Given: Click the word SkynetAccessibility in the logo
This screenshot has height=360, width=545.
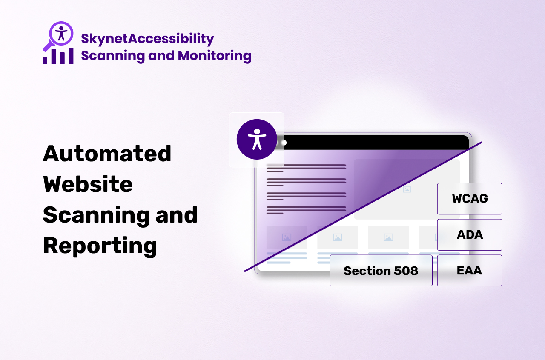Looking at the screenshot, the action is [x=147, y=39].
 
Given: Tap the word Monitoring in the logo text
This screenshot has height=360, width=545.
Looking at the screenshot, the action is [x=215, y=56].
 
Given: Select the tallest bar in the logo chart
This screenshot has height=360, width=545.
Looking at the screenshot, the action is [x=71, y=56].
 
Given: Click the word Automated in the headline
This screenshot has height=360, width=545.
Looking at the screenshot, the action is [x=107, y=154].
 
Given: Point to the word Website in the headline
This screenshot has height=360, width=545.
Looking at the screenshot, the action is [x=88, y=184].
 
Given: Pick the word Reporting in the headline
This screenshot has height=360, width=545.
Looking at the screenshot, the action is [x=100, y=246].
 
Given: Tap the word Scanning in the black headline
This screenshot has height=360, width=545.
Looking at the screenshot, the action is [x=96, y=215].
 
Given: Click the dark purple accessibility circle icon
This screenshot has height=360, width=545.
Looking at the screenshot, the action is [x=257, y=140].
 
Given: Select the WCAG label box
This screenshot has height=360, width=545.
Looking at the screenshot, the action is [x=470, y=198].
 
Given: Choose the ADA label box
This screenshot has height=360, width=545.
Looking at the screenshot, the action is [x=470, y=235].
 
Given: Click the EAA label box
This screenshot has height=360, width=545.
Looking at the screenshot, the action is [x=470, y=271].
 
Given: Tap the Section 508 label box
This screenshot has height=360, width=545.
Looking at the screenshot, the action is [x=381, y=271].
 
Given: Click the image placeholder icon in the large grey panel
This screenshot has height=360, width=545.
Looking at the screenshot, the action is [x=407, y=189].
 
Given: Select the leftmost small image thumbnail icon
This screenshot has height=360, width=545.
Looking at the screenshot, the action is [x=287, y=237].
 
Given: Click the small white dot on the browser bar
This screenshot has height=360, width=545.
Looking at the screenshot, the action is [x=284, y=143].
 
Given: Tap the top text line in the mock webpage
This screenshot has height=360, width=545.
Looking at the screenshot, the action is [x=306, y=165].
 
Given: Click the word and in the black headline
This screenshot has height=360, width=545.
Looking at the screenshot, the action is [x=177, y=215].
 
